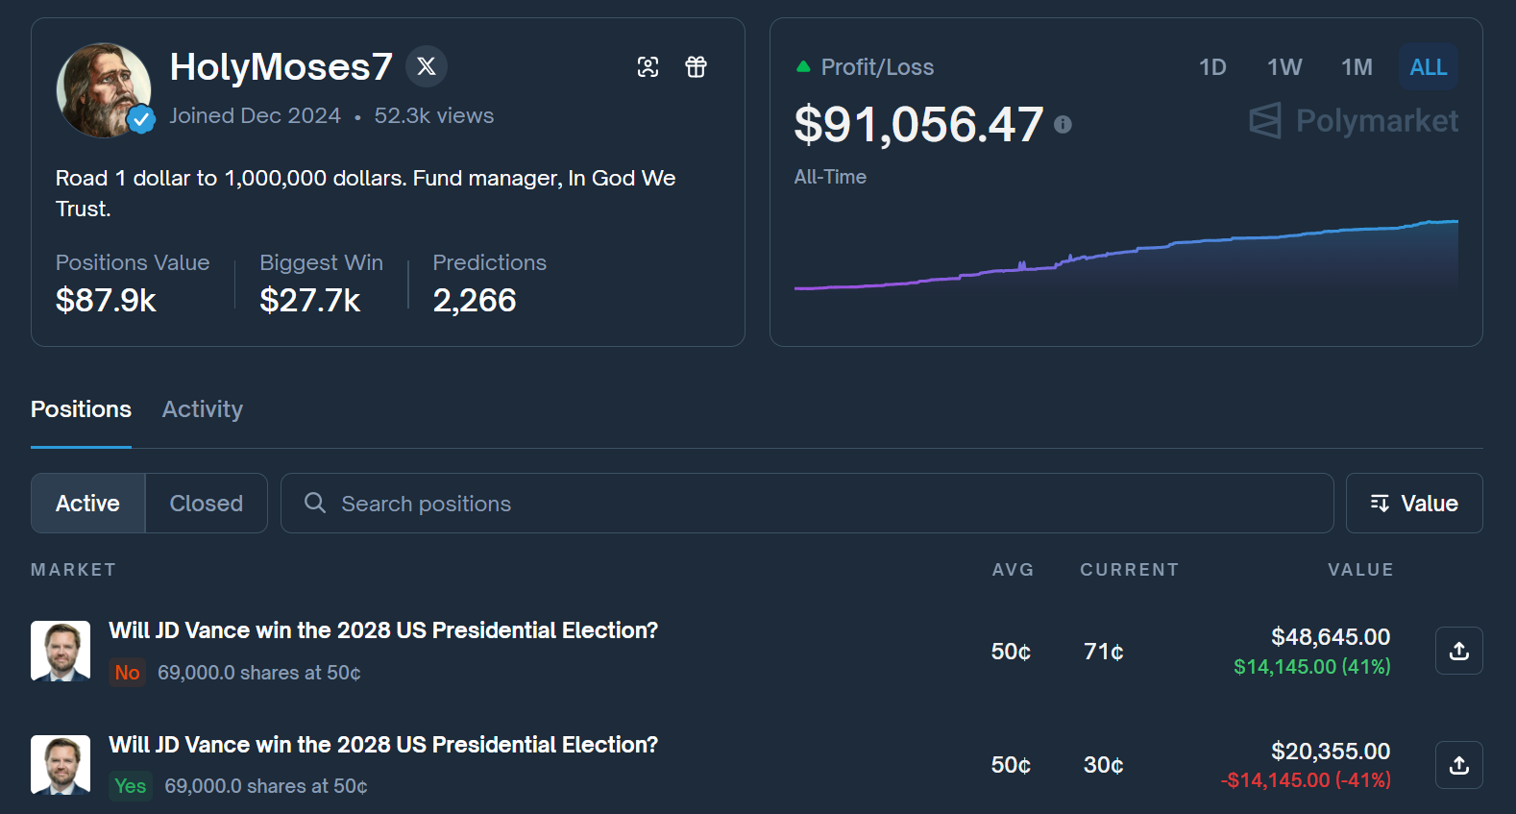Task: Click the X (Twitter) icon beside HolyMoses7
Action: point(427,66)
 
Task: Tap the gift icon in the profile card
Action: point(696,67)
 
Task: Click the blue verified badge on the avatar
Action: point(142,119)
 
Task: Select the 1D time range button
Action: point(1212,67)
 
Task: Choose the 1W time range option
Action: point(1284,67)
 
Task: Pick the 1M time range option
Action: point(1357,67)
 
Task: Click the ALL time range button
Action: point(1428,67)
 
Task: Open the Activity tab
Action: point(203,409)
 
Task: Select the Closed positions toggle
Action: point(206,504)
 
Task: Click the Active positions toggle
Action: point(87,504)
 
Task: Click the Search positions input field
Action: point(807,504)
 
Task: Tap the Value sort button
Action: point(1413,504)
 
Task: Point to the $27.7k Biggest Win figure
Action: point(309,301)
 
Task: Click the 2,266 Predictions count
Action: point(475,301)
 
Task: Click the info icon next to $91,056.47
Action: point(1063,125)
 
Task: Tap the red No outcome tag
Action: point(127,673)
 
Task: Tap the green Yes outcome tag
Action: point(130,786)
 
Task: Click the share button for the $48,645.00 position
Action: point(1458,651)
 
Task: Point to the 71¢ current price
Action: point(1103,652)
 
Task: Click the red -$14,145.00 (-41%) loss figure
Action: point(1306,780)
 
